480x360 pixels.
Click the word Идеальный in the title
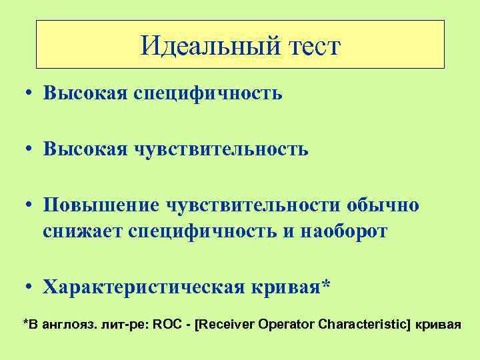tap(199, 46)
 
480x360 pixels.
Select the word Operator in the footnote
tap(283, 325)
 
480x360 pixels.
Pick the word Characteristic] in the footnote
tap(363, 325)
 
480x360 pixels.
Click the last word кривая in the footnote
tap(438, 325)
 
